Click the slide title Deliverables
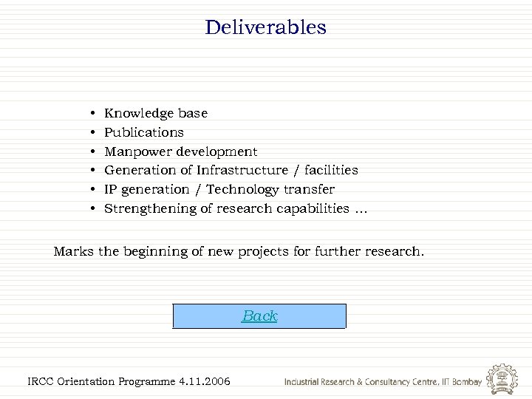click(266, 28)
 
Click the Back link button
click(259, 316)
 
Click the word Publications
click(143, 132)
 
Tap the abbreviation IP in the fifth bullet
click(111, 190)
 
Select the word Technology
click(242, 190)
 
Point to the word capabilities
click(311, 209)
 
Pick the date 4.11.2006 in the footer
click(204, 381)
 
